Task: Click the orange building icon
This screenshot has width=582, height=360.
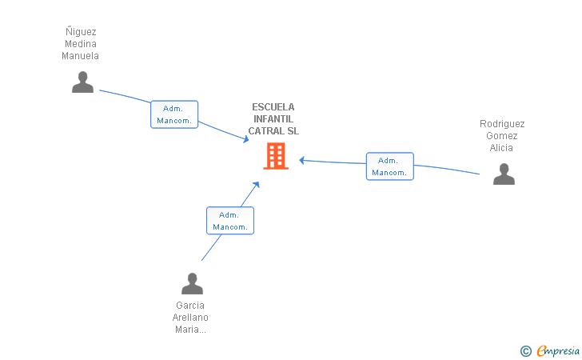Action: tap(275, 156)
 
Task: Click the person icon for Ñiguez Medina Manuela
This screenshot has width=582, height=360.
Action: tap(82, 82)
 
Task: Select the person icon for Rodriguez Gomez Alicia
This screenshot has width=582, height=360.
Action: tap(504, 174)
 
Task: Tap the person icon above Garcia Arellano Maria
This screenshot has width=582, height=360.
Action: tap(192, 283)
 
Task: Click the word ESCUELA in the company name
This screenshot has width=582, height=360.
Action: tap(273, 107)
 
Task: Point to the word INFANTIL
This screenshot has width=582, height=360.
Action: tap(273, 119)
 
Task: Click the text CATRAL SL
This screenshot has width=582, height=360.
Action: tap(273, 131)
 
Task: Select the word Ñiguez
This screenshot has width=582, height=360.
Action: tap(81, 32)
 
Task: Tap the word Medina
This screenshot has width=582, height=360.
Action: tap(81, 44)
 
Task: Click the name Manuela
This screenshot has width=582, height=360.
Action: tap(81, 56)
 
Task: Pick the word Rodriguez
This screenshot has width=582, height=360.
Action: tap(502, 124)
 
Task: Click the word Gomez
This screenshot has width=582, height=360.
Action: tap(502, 136)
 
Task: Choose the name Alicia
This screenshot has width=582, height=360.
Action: tap(502, 148)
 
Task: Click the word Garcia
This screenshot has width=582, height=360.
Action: tap(190, 306)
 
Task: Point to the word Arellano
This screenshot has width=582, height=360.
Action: tap(190, 318)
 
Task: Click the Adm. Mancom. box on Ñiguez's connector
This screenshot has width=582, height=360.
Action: tap(173, 114)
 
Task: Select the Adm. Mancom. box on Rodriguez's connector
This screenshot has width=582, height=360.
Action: tap(389, 166)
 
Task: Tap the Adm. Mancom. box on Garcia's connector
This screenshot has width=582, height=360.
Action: tap(229, 221)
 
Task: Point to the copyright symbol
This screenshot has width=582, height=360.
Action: tap(525, 350)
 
